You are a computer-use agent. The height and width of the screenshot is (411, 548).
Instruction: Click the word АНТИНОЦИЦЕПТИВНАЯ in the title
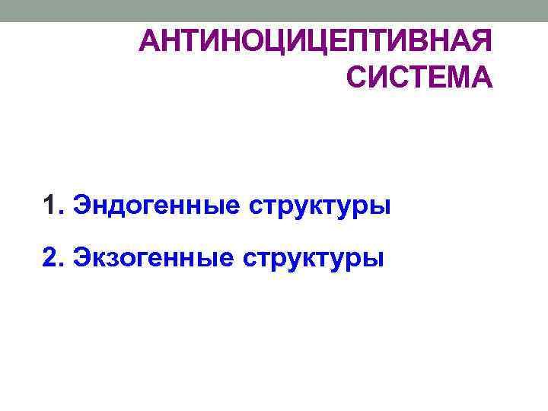(316, 41)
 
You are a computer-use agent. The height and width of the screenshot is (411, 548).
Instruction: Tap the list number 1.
(51, 205)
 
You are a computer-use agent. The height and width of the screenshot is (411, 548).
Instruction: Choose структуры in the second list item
(314, 260)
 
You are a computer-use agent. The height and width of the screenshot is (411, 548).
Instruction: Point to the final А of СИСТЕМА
(481, 77)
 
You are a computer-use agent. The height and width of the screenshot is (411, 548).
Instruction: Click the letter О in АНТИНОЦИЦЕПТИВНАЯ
(248, 41)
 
